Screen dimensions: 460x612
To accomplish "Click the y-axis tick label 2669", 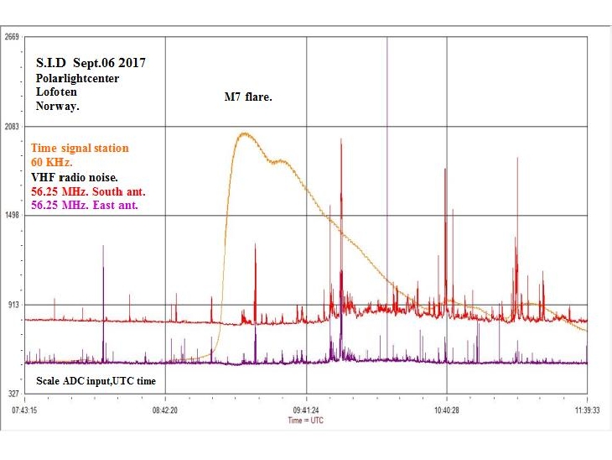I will [x=13, y=37].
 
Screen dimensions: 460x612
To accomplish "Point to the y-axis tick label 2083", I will [x=13, y=126].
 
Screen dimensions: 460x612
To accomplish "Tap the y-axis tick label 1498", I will [x=13, y=215].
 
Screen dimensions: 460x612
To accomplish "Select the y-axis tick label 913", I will [x=13, y=304].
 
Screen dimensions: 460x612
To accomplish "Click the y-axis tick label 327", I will [x=13, y=393].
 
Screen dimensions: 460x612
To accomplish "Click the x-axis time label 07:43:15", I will [x=25, y=410].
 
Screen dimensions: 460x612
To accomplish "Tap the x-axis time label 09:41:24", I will [x=306, y=410].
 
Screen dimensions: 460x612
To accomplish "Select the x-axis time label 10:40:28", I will [x=446, y=410].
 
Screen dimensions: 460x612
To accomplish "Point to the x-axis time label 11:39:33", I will [x=587, y=410].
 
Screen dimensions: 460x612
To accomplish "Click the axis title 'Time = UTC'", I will [x=305, y=420].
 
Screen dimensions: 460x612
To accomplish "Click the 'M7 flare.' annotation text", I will [x=248, y=97].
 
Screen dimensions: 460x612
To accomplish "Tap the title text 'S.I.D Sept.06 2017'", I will [x=95, y=64].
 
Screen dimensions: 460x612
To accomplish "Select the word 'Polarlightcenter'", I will [x=77, y=78].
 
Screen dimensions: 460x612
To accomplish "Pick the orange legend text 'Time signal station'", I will [x=80, y=148].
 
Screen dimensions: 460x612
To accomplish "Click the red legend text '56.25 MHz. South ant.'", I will [x=85, y=191].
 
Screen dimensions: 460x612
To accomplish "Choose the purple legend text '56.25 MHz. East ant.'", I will [x=85, y=204].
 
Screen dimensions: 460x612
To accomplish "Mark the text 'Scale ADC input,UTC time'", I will [x=96, y=381].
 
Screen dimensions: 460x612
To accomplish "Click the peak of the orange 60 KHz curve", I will [x=244, y=133].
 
